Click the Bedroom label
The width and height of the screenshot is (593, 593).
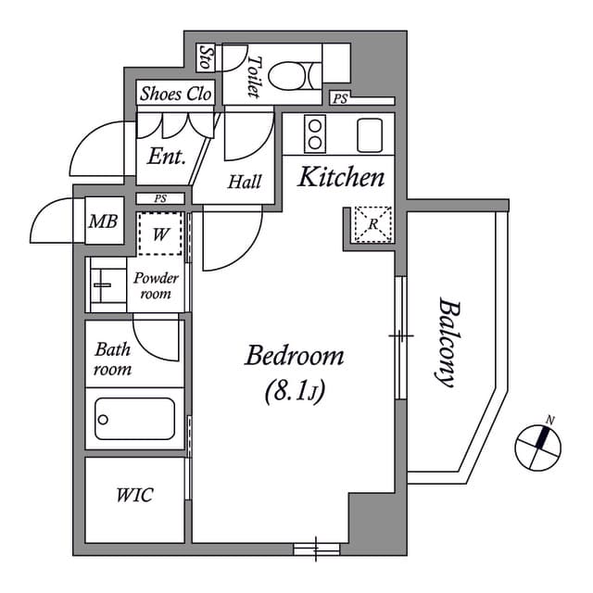point(294,355)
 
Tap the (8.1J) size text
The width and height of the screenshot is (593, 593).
point(294,393)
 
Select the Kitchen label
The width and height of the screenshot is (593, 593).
point(339,178)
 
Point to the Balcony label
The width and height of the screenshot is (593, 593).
point(448,341)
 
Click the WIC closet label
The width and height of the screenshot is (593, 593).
point(135,495)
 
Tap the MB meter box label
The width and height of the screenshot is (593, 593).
point(102,222)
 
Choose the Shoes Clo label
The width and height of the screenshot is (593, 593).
point(176,94)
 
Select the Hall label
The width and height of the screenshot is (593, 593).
point(245,182)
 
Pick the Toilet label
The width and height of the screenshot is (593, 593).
point(253,77)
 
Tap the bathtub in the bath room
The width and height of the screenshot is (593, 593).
point(135,420)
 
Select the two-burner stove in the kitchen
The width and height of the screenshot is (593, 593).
point(315,134)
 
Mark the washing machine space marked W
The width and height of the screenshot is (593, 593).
point(160,233)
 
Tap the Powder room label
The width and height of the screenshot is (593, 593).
point(156,285)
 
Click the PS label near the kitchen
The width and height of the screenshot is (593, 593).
point(340,97)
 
